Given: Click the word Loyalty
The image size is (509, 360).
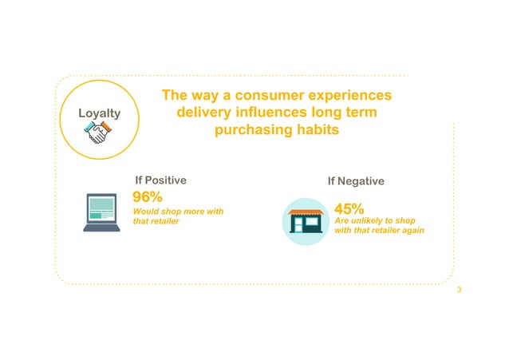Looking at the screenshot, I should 99,113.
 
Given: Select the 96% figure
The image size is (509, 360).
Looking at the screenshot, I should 148,197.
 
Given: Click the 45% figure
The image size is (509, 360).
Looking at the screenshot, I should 349,210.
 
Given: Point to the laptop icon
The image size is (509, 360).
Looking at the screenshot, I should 103,212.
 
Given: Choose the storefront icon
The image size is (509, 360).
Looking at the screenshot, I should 306,221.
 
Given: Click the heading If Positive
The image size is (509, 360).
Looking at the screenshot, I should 161,180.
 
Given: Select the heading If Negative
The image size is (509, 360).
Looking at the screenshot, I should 356,181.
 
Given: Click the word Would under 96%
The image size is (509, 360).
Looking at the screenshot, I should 145,211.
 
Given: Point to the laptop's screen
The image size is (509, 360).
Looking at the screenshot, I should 103,207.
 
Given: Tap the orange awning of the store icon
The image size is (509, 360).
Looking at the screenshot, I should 306,212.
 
